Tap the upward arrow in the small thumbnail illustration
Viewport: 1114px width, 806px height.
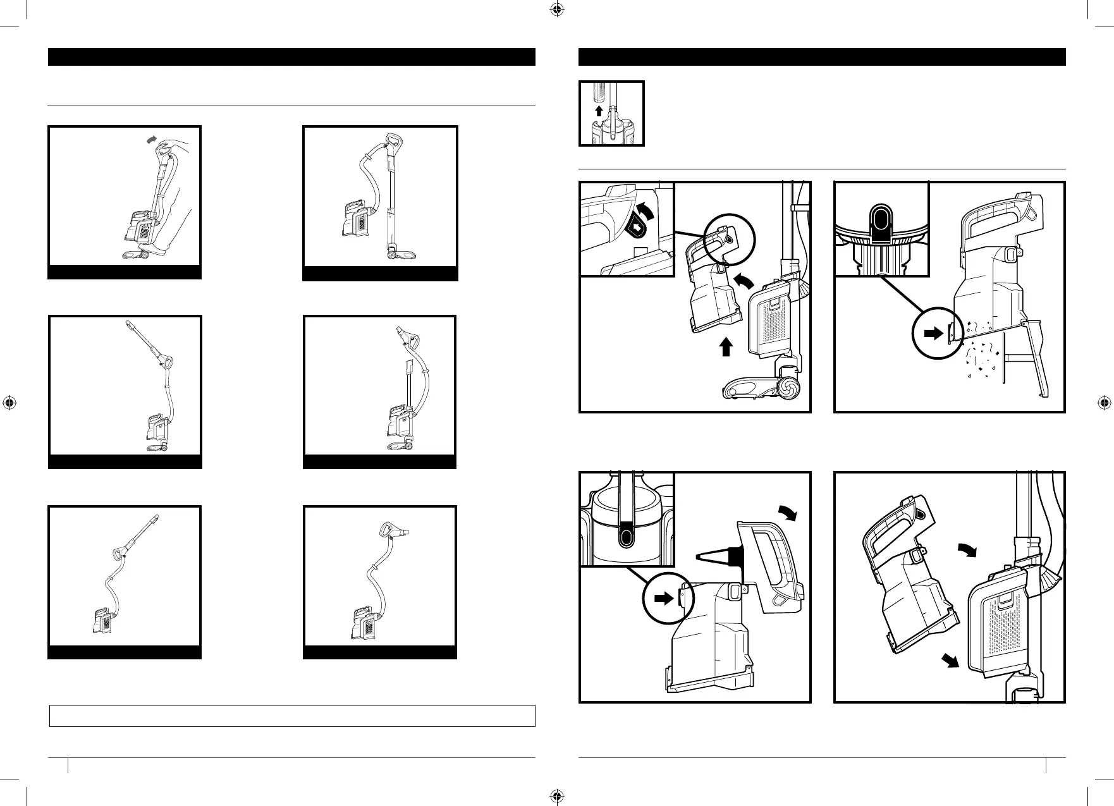coord(599,111)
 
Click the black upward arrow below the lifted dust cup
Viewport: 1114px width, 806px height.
coord(726,346)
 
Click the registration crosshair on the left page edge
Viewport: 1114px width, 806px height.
coord(9,403)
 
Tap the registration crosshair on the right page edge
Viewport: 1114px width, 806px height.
coord(1103,403)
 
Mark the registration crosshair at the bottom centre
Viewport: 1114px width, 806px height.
coord(556,796)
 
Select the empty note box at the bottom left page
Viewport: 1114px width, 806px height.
coord(292,716)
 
